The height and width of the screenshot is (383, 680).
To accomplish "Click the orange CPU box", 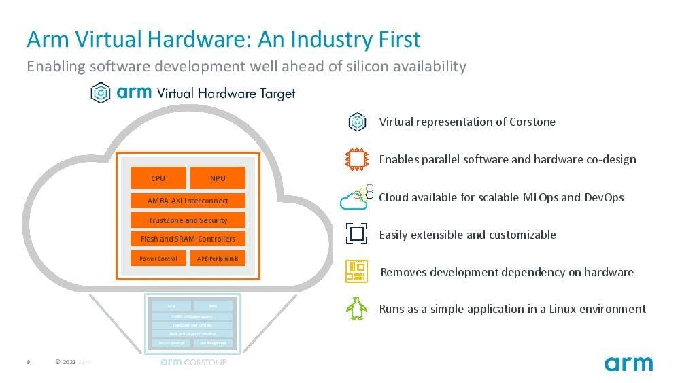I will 158,178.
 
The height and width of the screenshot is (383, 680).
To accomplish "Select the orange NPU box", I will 218,178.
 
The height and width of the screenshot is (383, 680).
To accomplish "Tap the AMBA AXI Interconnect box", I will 188,201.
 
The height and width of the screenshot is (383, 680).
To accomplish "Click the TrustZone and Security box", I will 188,220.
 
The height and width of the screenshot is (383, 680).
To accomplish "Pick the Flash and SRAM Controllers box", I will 188,239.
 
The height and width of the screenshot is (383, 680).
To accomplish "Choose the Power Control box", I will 158,259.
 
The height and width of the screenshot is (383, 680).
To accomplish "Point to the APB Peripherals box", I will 218,259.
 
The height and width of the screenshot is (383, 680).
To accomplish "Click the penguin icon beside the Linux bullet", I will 356,309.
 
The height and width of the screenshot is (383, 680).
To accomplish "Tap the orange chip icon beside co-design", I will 356,159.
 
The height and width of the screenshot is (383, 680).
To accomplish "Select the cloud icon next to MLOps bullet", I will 356,198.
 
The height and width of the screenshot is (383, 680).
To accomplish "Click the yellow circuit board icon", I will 356,271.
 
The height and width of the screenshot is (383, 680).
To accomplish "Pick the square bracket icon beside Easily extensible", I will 356,235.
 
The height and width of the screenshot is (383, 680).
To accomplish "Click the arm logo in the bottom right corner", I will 628,363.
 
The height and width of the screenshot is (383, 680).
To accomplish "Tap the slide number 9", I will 29,362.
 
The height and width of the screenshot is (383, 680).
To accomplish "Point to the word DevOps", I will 604,197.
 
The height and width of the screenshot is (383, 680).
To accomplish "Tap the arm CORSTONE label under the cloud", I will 193,362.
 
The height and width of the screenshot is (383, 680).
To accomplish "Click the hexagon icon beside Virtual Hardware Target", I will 101,93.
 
